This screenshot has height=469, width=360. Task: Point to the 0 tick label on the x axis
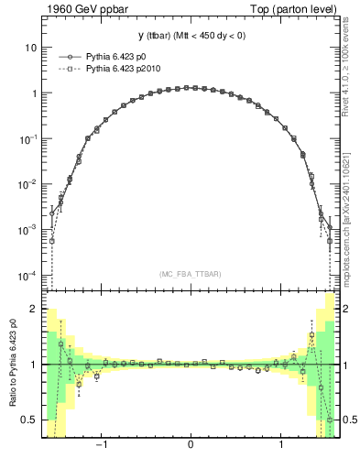point(190,446)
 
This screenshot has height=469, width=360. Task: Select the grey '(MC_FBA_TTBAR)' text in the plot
point(190,274)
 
